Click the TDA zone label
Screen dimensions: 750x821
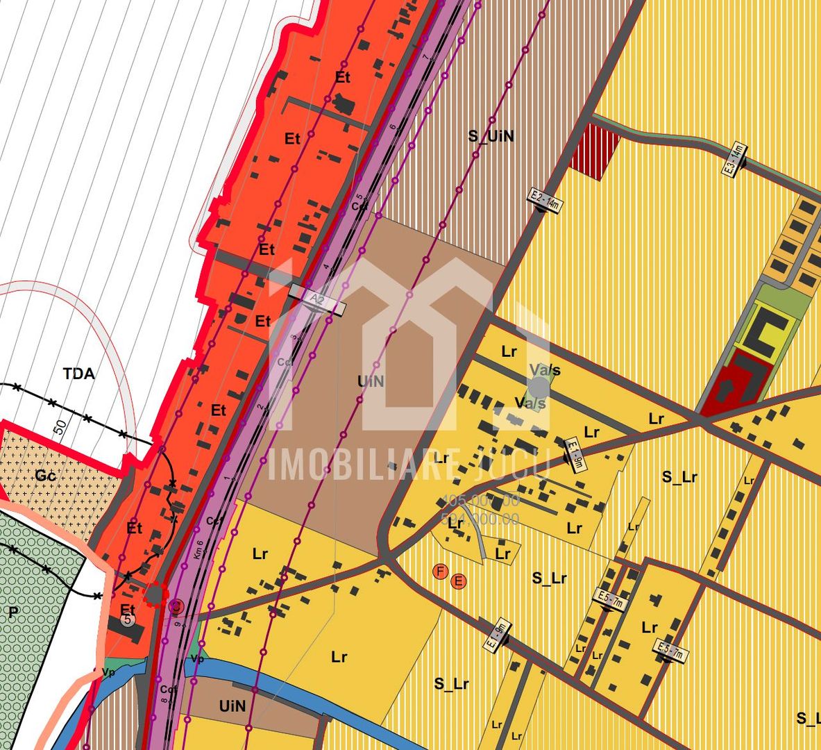tap(79, 374)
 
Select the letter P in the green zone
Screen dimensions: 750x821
tap(12, 612)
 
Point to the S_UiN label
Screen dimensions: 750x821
tap(491, 136)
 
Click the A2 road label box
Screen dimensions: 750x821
tap(317, 300)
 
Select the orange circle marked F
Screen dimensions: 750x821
tap(439, 572)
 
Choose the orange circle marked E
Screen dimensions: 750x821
tap(458, 581)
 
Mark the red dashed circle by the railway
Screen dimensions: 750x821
tap(155, 595)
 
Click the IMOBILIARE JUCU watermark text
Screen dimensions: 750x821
tap(409, 465)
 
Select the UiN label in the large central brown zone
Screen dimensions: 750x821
tap(371, 381)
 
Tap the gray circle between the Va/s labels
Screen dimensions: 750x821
tap(539, 385)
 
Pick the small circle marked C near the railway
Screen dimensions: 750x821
tap(176, 607)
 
